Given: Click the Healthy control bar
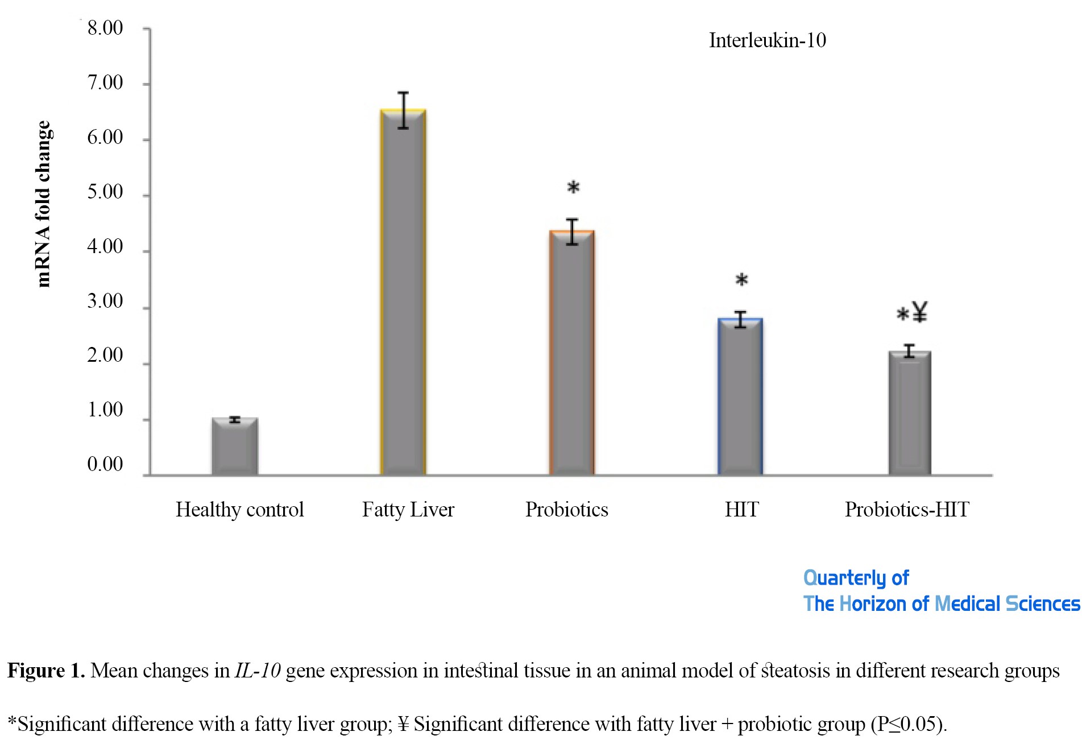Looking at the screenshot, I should (x=235, y=447).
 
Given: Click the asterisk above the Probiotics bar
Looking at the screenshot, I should (x=573, y=188).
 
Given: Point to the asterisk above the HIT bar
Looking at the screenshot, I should (x=741, y=280).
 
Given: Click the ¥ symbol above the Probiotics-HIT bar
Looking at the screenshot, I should (x=919, y=312).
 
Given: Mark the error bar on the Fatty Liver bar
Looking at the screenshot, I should (x=403, y=110).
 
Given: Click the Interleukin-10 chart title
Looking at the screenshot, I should (x=767, y=40).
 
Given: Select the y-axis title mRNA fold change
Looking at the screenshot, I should (x=43, y=204).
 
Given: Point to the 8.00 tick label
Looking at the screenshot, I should (x=105, y=28).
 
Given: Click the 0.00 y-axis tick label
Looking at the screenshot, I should (x=105, y=465).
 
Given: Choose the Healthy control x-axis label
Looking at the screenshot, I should (x=239, y=510).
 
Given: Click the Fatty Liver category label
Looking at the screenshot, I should (x=408, y=510).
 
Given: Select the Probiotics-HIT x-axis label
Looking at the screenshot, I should (x=907, y=510).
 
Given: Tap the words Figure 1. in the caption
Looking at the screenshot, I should (x=46, y=671).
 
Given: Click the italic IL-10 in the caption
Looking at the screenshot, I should (x=258, y=671).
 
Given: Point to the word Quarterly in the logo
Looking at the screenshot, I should (x=845, y=578).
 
